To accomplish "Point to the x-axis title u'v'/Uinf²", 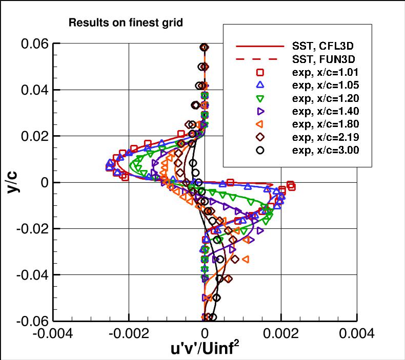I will click(x=205, y=349).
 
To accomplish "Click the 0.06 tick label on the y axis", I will click(x=35, y=44).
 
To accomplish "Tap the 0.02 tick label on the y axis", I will click(x=35, y=136).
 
